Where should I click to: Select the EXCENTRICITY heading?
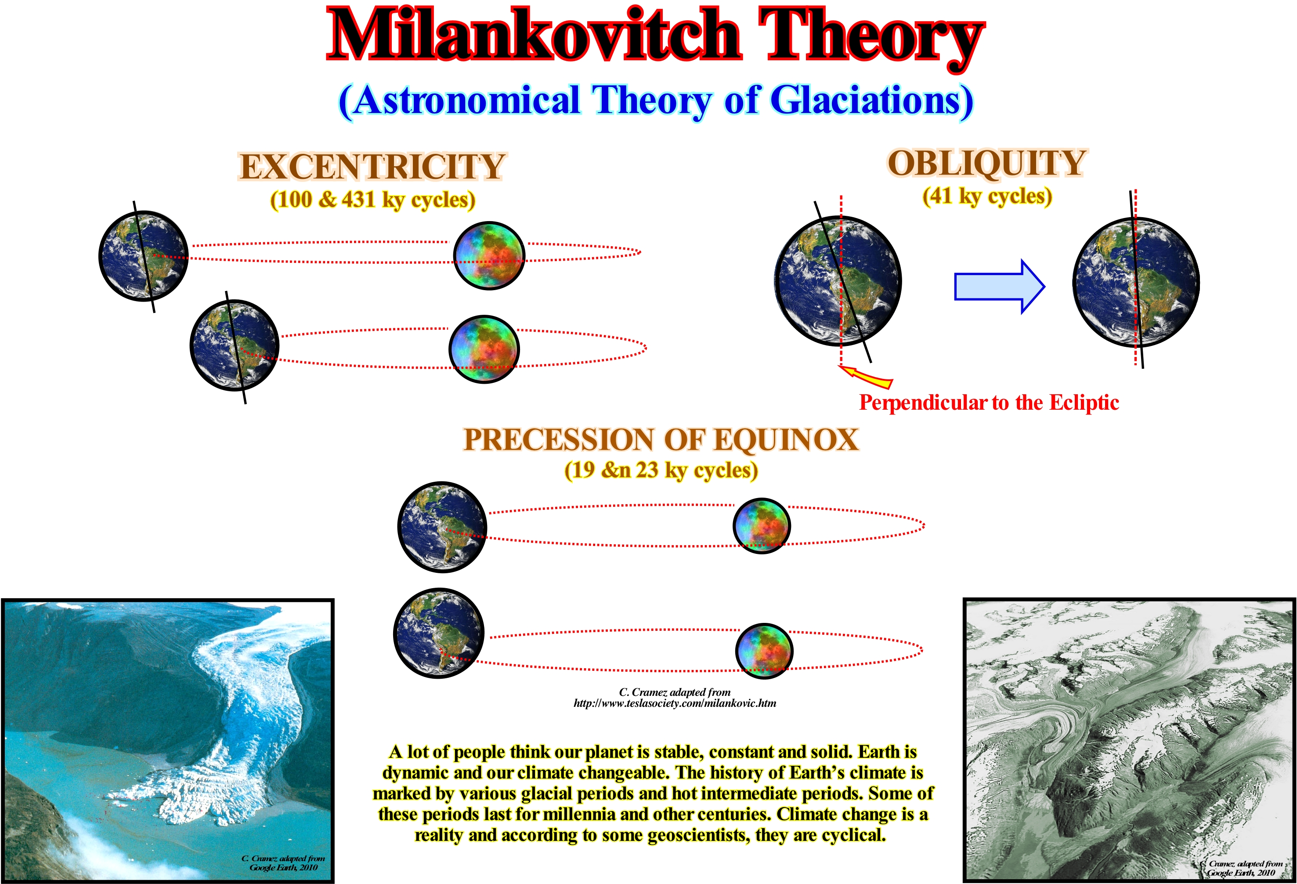[x=372, y=167]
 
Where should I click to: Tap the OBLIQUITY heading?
[x=987, y=164]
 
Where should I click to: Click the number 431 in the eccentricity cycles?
[x=358, y=200]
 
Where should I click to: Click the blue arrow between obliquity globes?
[x=999, y=287]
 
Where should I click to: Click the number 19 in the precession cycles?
[x=584, y=470]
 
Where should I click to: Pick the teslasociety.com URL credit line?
[x=675, y=703]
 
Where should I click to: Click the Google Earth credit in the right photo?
[x=1245, y=868]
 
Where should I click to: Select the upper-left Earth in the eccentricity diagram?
[x=144, y=256]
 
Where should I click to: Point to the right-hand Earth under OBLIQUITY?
[x=1136, y=282]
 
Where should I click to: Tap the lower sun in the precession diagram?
[x=764, y=651]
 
